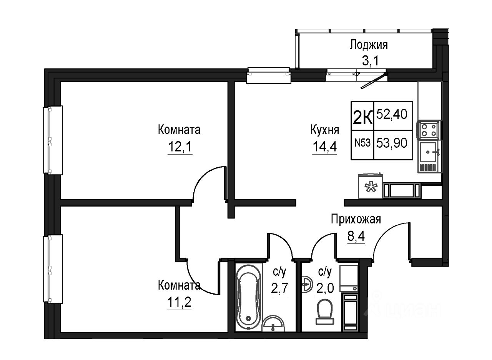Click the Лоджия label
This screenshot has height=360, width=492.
click(x=369, y=45)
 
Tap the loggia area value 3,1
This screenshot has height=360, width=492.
click(x=370, y=61)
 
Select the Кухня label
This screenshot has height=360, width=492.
click(x=325, y=130)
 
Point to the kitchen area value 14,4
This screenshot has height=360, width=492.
click(x=325, y=147)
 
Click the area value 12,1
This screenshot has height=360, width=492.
click(x=180, y=147)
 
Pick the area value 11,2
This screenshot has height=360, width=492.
click(x=179, y=302)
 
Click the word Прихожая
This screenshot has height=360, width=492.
click(x=356, y=219)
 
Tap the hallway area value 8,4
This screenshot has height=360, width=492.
click(x=356, y=237)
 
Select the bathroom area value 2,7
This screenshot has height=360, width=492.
click(x=279, y=288)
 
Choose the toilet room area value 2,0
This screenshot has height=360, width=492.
click(x=325, y=288)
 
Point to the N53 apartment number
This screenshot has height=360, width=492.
click(x=362, y=143)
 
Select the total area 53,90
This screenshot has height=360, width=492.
click(x=392, y=143)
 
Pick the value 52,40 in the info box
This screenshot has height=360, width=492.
click(x=392, y=114)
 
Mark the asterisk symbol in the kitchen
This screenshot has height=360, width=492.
click(x=371, y=187)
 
